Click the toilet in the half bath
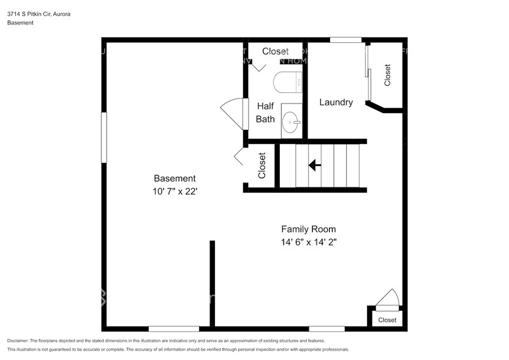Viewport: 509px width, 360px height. click(x=287, y=81)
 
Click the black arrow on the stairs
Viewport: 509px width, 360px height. click(x=315, y=165)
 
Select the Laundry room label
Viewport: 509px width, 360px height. click(x=336, y=102)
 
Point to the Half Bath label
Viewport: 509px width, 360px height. click(x=265, y=112)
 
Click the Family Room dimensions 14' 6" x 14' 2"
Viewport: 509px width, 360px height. click(x=309, y=242)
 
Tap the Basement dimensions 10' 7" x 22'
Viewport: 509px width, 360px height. click(x=175, y=191)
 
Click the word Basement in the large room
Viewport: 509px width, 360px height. click(x=175, y=178)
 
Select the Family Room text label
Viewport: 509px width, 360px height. click(x=309, y=229)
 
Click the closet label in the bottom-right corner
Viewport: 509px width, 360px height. click(x=387, y=320)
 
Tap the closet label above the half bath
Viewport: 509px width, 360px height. click(x=275, y=51)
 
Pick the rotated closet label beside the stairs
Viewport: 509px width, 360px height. click(x=262, y=165)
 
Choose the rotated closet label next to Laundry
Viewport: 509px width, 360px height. click(x=387, y=75)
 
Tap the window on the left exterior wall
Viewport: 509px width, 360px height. click(x=104, y=137)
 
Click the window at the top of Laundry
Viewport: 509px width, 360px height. click(x=345, y=40)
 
